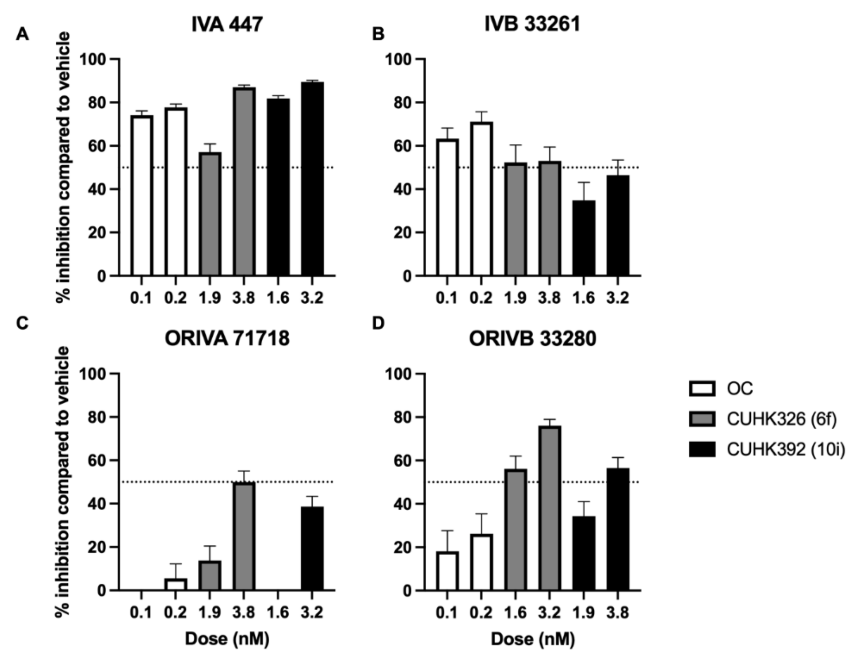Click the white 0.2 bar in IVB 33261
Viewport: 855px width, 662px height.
(x=481, y=199)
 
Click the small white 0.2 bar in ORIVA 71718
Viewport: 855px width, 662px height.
(x=175, y=584)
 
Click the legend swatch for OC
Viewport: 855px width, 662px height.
(x=702, y=389)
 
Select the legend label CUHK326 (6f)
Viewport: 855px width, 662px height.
(x=781, y=419)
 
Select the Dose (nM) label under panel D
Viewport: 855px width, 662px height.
(x=533, y=639)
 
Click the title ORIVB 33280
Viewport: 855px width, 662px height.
(x=532, y=339)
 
